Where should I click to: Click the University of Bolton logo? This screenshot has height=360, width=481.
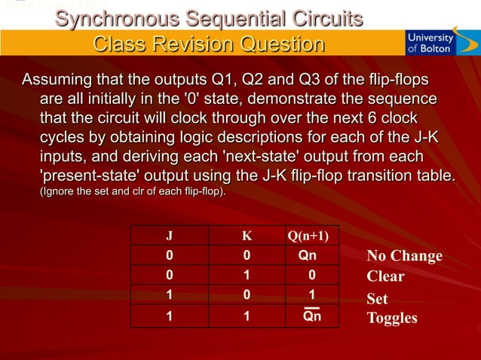[x=430, y=42]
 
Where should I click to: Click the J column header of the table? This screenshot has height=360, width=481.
[x=168, y=235]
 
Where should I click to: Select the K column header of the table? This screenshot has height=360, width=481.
[x=247, y=235]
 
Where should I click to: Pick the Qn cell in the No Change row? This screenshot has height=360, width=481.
[x=308, y=255]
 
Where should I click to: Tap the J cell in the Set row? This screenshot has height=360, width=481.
[x=168, y=295]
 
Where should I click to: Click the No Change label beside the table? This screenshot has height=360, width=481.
[x=404, y=256]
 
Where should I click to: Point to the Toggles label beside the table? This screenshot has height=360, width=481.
[x=391, y=318]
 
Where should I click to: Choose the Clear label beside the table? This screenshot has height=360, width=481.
[x=385, y=276]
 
